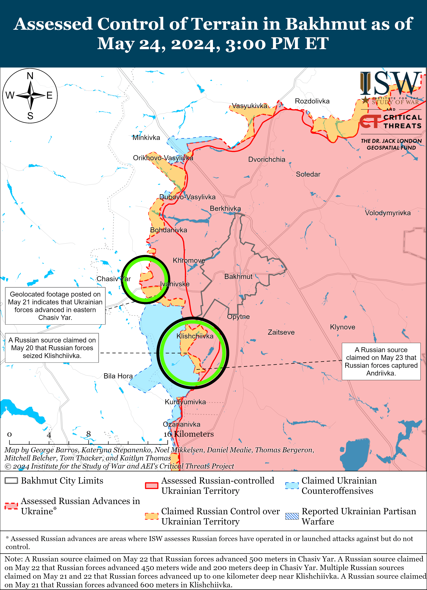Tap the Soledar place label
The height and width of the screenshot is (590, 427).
click(x=308, y=174)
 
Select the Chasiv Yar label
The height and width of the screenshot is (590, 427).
click(x=114, y=279)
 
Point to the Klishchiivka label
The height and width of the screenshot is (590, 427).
click(x=195, y=336)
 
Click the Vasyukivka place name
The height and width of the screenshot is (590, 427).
click(x=249, y=106)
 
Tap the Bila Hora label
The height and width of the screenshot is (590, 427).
click(x=118, y=376)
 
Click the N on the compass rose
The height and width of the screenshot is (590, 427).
click(x=30, y=76)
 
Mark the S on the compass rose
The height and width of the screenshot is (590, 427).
click(x=30, y=116)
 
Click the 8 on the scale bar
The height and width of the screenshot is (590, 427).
click(x=89, y=434)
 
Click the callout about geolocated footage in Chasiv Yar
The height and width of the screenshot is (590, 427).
click(x=55, y=306)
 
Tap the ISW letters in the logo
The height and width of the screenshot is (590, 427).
click(x=391, y=84)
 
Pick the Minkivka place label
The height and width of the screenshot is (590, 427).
click(x=146, y=138)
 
